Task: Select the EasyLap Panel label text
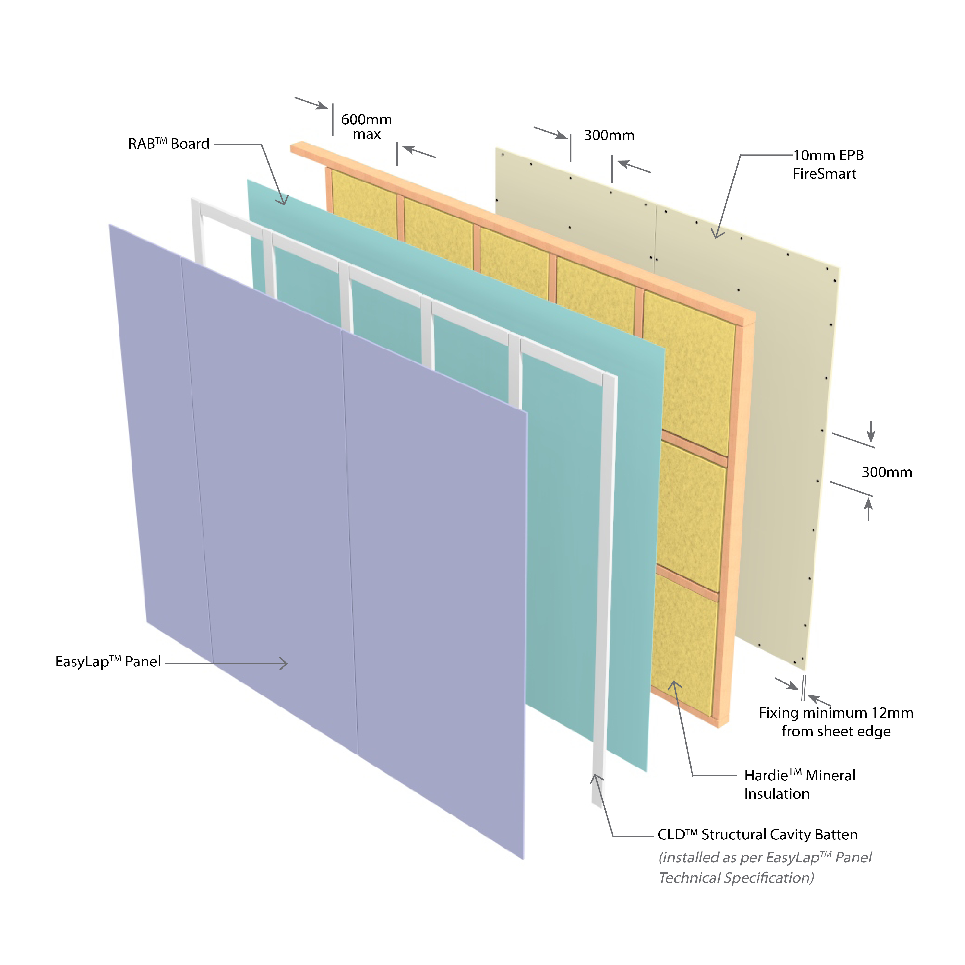(x=108, y=662)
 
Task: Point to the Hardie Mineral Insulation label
(x=799, y=784)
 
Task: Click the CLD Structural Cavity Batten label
(x=757, y=835)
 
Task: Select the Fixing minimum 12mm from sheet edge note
(x=836, y=722)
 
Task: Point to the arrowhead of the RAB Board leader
(x=283, y=201)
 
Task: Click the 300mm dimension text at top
(x=609, y=135)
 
